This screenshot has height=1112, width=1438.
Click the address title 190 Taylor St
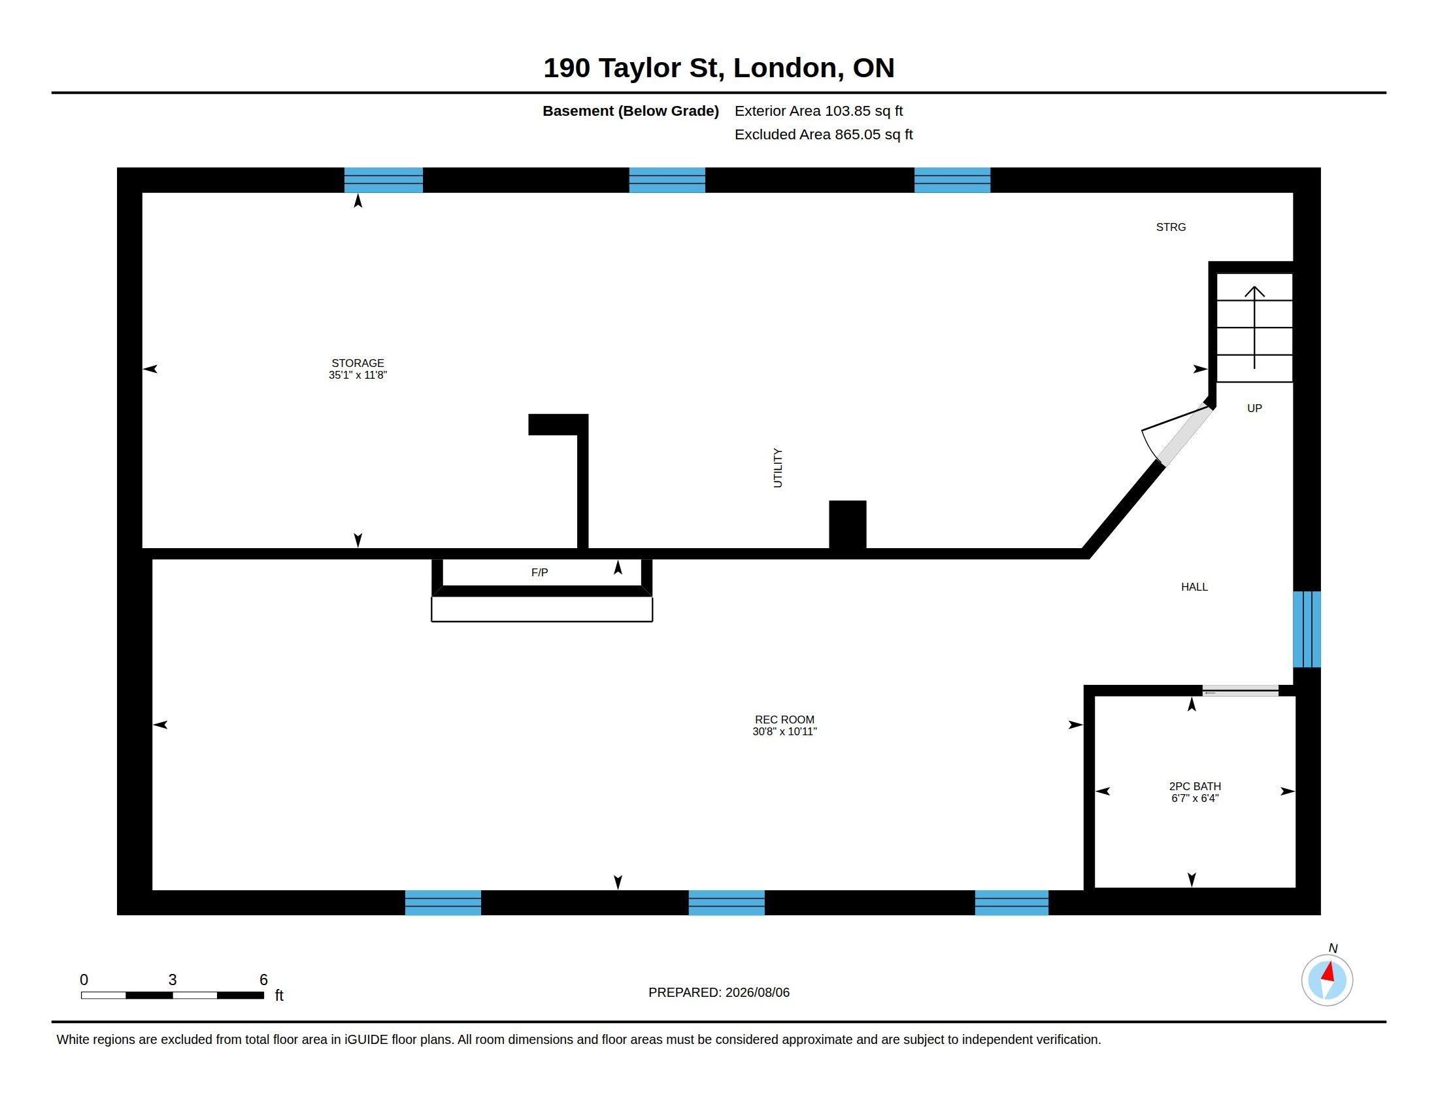719,68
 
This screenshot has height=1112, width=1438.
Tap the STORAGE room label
358,363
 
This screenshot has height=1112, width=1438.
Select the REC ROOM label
784,720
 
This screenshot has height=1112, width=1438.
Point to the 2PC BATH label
1194,786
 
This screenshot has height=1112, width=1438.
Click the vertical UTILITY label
778,468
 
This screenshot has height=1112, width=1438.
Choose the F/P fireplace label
539,572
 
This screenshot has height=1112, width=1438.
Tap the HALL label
1194,587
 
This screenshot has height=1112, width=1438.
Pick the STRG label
1171,227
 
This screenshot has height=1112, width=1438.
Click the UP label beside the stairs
1254,408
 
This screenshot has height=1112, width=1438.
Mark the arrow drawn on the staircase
1254,328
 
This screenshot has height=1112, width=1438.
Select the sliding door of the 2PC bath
1241,690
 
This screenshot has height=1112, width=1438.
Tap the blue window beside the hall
1307,629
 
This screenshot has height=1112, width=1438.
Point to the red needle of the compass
1328,971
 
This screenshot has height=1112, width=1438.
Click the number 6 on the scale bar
263,980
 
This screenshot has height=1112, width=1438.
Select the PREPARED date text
718,993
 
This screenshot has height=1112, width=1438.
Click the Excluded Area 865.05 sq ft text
823,134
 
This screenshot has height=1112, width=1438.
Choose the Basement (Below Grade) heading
630,111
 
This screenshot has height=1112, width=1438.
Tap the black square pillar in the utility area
847,525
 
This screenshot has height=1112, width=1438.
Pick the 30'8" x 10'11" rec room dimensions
784,731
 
